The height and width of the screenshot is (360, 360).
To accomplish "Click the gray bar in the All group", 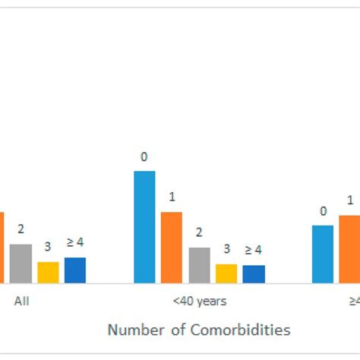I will (21, 263).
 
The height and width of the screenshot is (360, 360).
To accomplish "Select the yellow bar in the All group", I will (48, 272).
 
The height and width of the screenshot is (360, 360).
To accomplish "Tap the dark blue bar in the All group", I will (74, 270).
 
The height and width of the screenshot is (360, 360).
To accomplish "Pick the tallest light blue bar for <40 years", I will (144, 227).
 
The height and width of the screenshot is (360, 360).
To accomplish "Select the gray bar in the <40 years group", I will (199, 265).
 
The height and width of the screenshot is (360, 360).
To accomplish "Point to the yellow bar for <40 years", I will (226, 273).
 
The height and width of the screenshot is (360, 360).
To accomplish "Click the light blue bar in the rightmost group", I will (323, 254).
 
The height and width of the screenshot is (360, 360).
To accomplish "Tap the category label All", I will (22, 301).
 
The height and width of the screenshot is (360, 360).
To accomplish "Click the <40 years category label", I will (199, 301).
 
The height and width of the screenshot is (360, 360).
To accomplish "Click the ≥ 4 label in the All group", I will (74, 242).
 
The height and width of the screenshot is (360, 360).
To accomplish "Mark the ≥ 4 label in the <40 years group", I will (254, 249).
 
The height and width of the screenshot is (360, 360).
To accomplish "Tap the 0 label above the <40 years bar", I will (144, 157).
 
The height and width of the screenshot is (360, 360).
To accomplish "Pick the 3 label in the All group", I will (47, 247).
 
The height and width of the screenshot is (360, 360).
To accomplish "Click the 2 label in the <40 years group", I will (199, 232).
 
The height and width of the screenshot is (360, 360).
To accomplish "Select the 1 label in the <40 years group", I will (172, 197).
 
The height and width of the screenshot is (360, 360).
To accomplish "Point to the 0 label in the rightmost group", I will (323, 211).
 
